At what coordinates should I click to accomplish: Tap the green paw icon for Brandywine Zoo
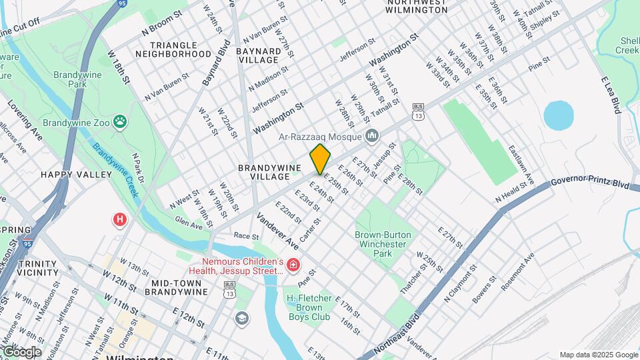pyautogui.click(x=120, y=121)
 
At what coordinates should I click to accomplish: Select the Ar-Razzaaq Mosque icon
pyautogui.click(x=372, y=136)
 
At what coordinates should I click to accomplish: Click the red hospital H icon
pyautogui.click(x=120, y=219)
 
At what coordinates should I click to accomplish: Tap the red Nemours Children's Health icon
pyautogui.click(x=293, y=265)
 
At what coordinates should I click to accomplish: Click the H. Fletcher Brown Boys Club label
pyautogui.click(x=318, y=307)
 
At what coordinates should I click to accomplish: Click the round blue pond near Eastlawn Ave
pyautogui.click(x=558, y=115)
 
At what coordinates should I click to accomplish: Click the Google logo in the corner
pyautogui.click(x=21, y=351)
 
